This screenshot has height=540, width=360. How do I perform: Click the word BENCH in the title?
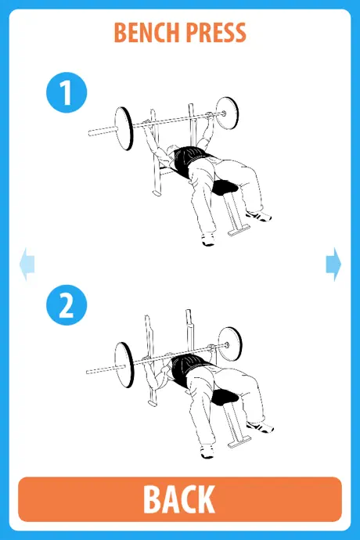[x=148, y=33]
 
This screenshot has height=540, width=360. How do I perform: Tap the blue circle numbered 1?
[x=67, y=92]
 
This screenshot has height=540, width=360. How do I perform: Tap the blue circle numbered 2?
[x=67, y=304]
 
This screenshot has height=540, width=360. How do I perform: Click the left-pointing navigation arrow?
[x=27, y=264]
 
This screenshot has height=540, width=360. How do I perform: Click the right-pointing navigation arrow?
[x=333, y=264]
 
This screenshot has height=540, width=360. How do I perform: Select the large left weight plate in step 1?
[x=124, y=128]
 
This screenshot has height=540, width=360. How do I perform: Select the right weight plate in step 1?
[x=227, y=113]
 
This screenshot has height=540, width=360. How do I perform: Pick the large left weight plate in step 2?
[x=124, y=365]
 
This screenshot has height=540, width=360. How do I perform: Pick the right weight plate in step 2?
[x=230, y=344]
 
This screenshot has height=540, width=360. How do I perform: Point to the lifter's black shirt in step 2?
[x=188, y=369]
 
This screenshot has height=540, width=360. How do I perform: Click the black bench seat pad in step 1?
[x=225, y=187]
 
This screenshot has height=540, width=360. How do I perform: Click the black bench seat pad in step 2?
[x=225, y=397]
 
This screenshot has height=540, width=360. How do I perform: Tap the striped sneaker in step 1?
[x=259, y=216]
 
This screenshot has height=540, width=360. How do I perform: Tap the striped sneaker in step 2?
[x=261, y=427]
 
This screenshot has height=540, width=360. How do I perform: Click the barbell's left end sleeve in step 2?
[x=102, y=369]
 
